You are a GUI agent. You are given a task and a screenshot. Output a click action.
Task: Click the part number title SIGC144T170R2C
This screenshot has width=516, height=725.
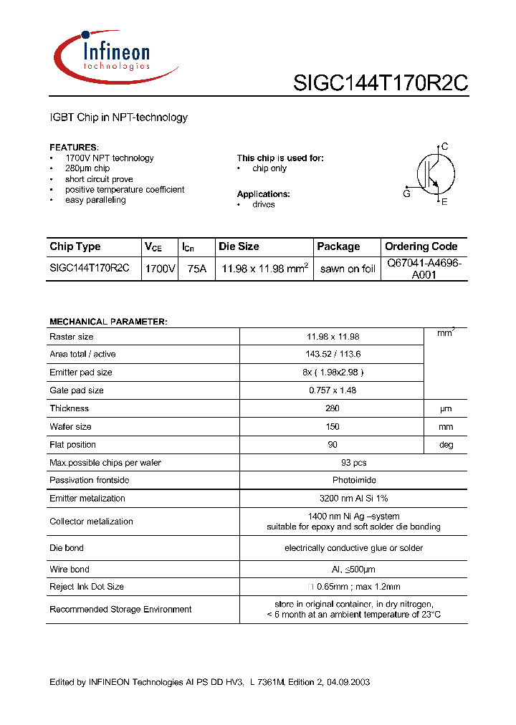[380, 84]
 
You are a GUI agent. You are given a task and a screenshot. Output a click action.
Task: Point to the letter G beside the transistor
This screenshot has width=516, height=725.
[406, 193]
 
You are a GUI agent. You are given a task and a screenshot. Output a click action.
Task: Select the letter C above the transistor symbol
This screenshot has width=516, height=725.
[444, 147]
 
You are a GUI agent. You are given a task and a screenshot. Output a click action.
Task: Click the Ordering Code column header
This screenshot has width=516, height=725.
[421, 246]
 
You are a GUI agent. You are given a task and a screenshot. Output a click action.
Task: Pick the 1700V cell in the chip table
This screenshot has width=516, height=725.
[160, 269]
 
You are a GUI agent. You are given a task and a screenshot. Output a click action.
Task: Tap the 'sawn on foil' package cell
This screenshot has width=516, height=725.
[348, 269]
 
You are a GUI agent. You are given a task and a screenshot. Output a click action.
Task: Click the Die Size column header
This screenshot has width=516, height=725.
[239, 246]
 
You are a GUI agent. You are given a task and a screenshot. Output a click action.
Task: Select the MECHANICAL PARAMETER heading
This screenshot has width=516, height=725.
[108, 322]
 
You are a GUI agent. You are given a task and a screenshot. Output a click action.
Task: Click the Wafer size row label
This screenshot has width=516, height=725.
[70, 426]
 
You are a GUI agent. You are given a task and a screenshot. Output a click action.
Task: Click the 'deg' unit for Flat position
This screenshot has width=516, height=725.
[446, 444]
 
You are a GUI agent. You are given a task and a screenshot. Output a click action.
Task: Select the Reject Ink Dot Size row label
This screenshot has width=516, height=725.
[87, 587]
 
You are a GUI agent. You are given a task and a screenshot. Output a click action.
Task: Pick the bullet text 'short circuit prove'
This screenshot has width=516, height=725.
[99, 179]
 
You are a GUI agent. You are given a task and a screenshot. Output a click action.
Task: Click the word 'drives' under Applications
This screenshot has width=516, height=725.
[263, 204]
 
